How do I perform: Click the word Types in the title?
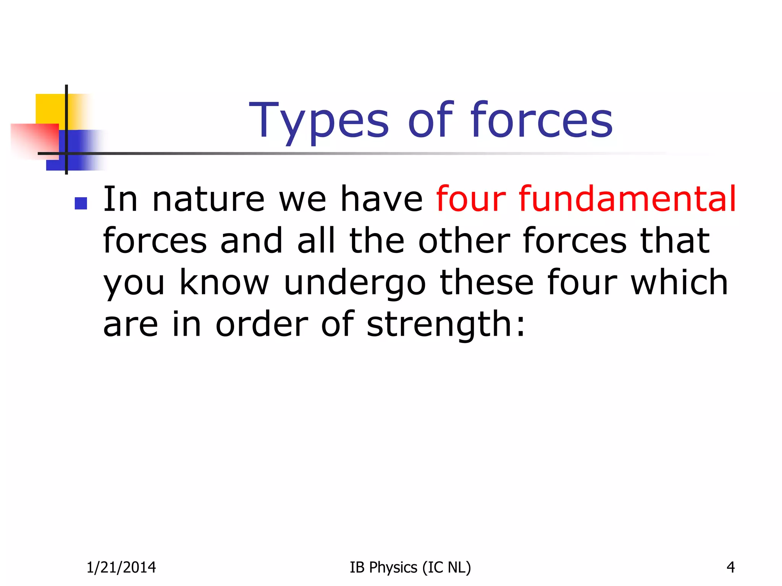point(319,121)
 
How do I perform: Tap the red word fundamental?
point(627,199)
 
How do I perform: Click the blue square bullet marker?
point(81,203)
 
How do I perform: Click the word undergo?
point(355,283)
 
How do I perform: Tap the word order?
point(262,324)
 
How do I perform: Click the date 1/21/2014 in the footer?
point(121,567)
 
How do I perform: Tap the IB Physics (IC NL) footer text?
point(410,567)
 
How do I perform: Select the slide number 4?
point(730,567)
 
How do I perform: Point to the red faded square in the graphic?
point(34,139)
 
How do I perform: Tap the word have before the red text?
point(381,199)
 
